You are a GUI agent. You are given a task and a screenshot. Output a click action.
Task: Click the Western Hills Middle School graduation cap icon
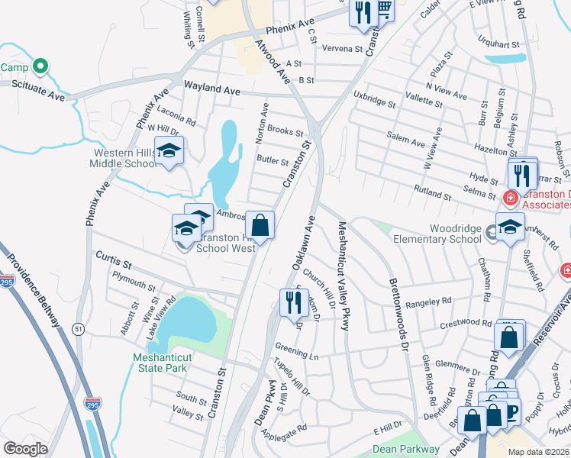[169, 150]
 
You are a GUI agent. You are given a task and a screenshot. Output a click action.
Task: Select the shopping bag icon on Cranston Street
[260, 225]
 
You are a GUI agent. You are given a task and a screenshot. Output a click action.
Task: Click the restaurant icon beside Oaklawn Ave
[291, 302]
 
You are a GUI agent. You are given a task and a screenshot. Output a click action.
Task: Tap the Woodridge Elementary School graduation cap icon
[510, 227]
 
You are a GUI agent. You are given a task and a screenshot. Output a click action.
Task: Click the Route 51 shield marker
[78, 328]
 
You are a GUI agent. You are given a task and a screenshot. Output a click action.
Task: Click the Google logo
[26, 448]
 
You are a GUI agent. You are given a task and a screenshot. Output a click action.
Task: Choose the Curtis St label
[114, 260]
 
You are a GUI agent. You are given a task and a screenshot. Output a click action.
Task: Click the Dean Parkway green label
[406, 450]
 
